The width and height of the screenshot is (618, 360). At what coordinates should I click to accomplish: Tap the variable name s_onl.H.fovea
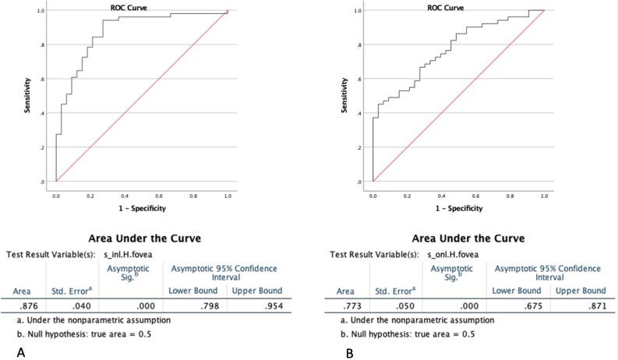pos(454,254)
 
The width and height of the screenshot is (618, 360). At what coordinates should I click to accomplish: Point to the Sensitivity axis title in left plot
pos(27,97)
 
